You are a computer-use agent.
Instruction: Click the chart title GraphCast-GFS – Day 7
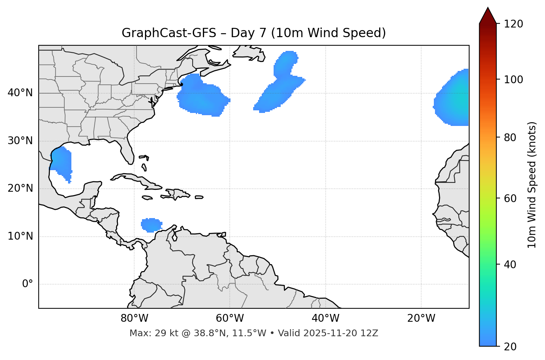(x=254, y=33)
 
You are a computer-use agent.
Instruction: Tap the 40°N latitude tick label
(x=20, y=93)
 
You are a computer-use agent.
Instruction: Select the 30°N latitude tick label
(x=20, y=141)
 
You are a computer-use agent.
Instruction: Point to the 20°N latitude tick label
(x=20, y=188)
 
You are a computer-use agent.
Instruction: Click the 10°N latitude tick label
(x=20, y=236)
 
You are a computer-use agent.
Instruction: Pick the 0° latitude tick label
(x=27, y=284)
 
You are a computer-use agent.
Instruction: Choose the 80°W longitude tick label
(x=134, y=318)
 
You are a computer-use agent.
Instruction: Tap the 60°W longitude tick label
(x=230, y=318)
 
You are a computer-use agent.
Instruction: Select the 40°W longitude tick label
(x=325, y=318)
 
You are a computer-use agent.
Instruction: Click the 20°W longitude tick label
(x=421, y=318)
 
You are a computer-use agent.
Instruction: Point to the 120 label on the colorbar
(x=513, y=24)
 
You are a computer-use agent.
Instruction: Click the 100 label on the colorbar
(x=513, y=80)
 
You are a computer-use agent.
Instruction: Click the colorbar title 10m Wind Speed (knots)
(x=532, y=185)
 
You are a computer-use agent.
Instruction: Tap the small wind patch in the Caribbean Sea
(x=151, y=225)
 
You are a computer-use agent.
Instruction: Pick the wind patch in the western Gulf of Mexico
(x=61, y=162)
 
